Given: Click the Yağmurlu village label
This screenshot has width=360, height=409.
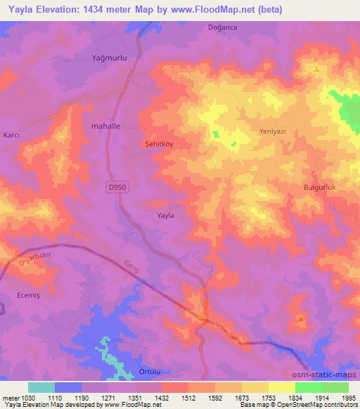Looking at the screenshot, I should pyautogui.click(x=109, y=58).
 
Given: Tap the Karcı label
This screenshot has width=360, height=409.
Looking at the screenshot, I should pyautogui.click(x=11, y=134).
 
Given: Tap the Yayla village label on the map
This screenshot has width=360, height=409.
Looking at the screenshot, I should pyautogui.click(x=165, y=216).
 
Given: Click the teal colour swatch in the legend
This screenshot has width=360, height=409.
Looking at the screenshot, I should pyautogui.click(x=41, y=387).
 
